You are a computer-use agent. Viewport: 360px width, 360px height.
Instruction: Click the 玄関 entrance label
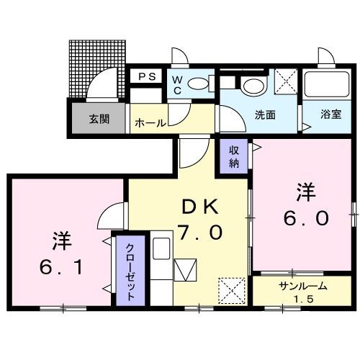tap(99, 120)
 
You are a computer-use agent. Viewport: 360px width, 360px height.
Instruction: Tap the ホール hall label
tap(149, 123)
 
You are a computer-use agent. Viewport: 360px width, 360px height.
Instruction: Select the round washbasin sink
tap(253, 86)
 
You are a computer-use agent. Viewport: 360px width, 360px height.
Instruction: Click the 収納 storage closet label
tap(234, 156)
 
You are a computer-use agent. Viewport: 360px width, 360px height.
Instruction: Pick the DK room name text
tap(199, 207)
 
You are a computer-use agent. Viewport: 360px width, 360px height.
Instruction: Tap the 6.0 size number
tap(305, 216)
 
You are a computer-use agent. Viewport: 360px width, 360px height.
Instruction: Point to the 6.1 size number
tap(61, 267)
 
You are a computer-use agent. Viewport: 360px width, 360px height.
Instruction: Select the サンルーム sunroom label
tap(303, 286)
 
